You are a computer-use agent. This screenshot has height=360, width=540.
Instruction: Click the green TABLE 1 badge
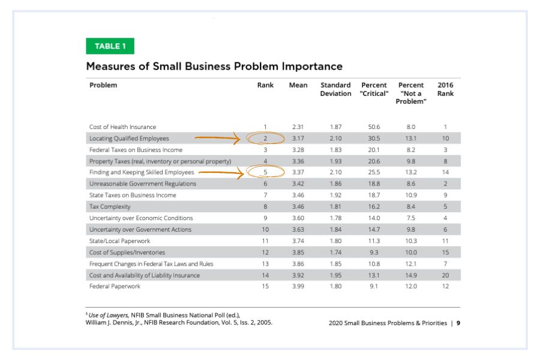click(x=110, y=46)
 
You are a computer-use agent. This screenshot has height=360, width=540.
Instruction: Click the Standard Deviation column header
click(x=335, y=89)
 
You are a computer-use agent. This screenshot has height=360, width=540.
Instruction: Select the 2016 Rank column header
click(x=445, y=89)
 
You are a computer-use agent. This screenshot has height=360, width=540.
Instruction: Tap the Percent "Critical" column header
click(x=374, y=89)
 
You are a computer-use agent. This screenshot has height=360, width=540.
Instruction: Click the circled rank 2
click(x=265, y=132)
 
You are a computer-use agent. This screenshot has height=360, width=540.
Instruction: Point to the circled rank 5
click(x=265, y=166)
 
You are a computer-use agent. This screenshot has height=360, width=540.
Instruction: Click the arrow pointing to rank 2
click(x=217, y=138)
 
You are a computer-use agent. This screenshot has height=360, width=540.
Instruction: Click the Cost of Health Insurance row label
click(x=122, y=127)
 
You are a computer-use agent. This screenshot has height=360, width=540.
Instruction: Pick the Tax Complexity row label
click(x=110, y=206)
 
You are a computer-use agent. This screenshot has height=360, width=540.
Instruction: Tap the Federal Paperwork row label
click(x=115, y=286)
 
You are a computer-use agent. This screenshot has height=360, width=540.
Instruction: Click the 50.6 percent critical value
click(x=374, y=127)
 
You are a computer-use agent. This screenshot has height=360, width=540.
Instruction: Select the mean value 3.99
click(x=298, y=286)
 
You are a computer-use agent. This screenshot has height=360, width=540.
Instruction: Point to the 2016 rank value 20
click(x=445, y=275)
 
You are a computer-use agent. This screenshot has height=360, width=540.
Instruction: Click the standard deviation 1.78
click(x=336, y=218)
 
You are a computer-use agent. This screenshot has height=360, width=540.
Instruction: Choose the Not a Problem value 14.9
click(x=411, y=275)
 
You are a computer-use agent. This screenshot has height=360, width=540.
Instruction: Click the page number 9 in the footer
click(x=458, y=323)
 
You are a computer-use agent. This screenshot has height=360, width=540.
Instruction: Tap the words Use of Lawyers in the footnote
click(x=109, y=315)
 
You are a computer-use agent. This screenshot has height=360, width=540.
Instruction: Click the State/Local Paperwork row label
click(x=119, y=241)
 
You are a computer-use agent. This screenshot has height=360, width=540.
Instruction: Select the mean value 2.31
click(x=298, y=127)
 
